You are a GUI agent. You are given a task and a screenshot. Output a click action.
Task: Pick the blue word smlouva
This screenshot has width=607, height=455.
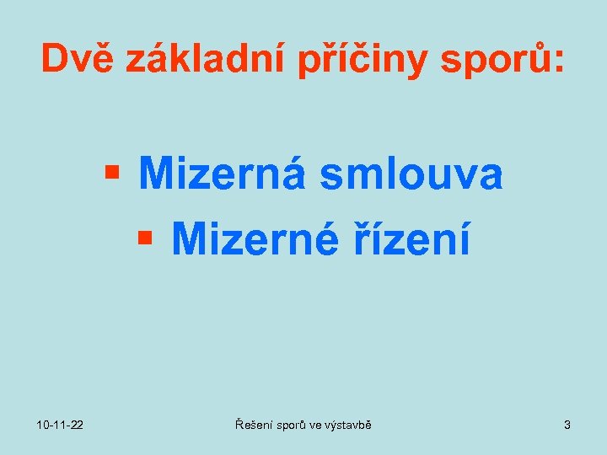tap(410, 174)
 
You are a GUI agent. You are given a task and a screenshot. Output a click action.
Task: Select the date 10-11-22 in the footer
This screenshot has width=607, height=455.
tap(59, 426)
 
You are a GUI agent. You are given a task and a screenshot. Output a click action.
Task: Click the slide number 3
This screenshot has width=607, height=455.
tap(567, 426)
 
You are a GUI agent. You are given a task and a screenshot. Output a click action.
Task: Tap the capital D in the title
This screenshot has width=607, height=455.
tap(55, 58)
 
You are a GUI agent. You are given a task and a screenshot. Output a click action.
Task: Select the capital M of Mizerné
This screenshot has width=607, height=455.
tap(187, 239)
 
